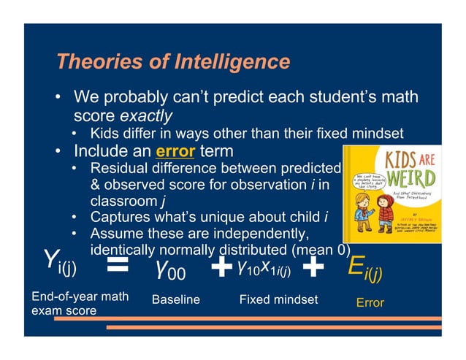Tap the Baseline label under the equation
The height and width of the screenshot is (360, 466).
pyautogui.click(x=175, y=300)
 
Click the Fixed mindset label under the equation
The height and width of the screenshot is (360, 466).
pyautogui.click(x=278, y=299)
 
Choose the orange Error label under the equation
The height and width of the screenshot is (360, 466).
pyautogui.click(x=370, y=302)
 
